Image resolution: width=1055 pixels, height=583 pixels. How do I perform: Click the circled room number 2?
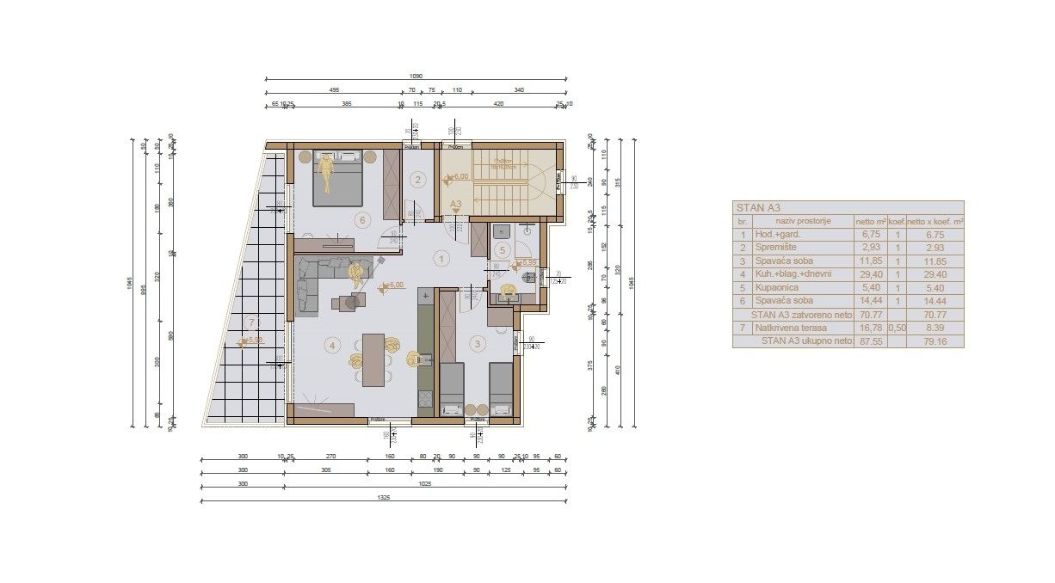418,180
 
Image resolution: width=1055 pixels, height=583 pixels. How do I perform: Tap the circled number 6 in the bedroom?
362,220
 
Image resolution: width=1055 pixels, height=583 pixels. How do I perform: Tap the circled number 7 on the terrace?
251,323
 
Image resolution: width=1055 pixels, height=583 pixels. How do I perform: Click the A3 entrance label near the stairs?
456,205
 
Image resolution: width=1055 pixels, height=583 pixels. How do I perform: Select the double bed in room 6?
336,181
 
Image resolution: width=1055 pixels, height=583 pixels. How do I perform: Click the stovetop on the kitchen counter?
424,399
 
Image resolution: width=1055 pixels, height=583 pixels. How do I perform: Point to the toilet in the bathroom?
509,291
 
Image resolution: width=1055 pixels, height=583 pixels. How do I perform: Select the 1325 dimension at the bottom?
383,498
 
